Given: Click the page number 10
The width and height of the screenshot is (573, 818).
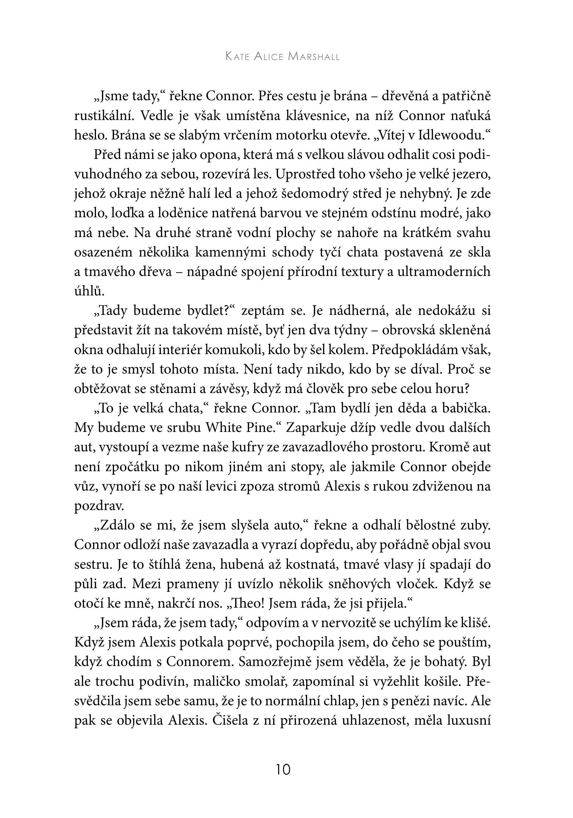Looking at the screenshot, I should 283,770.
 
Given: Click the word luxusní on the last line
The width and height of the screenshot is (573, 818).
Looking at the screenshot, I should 470,720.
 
